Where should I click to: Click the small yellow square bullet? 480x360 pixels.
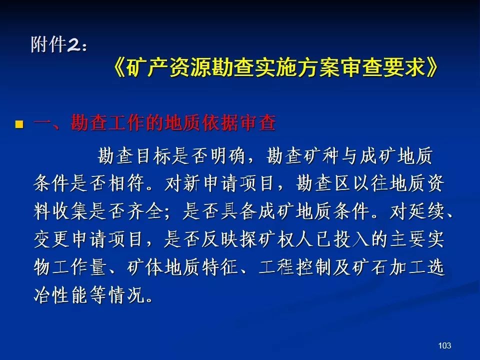[x=19, y=124]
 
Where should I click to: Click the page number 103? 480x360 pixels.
[x=444, y=345]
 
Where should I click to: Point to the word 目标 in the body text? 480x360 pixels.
[x=153, y=155]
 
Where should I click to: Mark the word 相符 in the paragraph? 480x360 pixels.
[x=126, y=183]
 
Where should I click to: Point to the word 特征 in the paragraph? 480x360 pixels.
[x=220, y=267]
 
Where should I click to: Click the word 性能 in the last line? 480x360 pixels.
[x=70, y=295]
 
